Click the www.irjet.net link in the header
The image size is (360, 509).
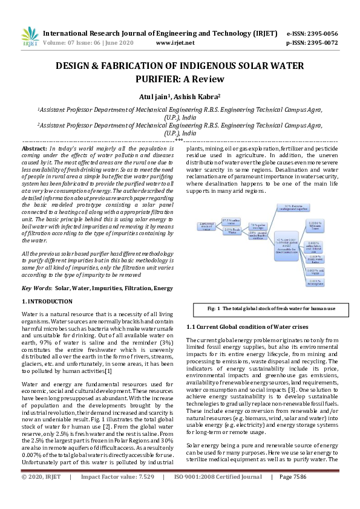pyautogui.click(x=175, y=43)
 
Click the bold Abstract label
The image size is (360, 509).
pyautogui.click(x=34, y=148)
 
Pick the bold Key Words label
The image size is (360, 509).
pyautogui.click(x=36, y=288)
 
